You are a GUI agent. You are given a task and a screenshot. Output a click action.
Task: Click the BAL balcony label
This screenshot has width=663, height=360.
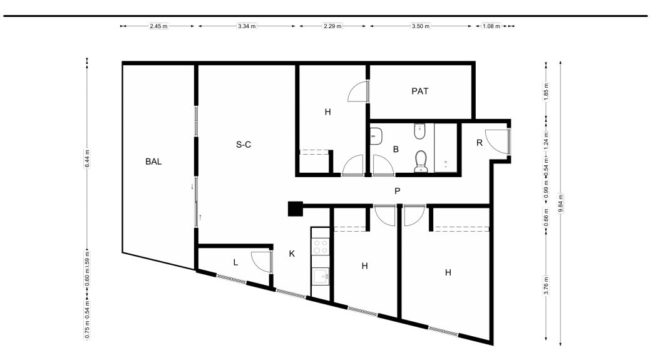153,162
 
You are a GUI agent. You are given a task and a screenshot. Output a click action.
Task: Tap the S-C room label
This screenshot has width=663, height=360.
244,145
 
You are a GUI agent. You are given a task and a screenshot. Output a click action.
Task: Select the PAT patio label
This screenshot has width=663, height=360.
420,91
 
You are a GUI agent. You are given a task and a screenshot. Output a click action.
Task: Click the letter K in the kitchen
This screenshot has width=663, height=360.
292,254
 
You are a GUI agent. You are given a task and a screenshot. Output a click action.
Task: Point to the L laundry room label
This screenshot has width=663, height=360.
235,262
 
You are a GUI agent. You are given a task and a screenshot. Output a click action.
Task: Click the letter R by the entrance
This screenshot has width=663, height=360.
480,143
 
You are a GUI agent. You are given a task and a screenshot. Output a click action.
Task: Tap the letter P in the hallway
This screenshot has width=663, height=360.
398,191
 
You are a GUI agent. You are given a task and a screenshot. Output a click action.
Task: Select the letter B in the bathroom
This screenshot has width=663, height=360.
396,149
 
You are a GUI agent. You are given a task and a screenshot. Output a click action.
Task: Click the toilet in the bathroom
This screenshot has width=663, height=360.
421,162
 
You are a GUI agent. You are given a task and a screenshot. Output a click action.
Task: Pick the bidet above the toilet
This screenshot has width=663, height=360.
419,131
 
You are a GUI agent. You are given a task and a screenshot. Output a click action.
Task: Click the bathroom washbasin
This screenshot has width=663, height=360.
376,136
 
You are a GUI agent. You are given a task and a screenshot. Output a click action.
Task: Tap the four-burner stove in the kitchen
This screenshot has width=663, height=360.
321,247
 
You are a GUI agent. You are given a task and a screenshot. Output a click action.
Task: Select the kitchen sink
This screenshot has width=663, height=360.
321,277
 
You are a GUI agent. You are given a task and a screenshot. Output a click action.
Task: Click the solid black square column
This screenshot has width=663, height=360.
296,208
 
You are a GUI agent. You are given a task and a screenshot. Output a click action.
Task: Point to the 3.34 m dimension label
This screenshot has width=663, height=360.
247,26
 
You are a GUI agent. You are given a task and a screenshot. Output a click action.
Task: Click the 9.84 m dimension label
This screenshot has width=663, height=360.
561,203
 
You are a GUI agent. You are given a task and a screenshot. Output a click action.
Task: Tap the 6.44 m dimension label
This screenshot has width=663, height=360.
87,158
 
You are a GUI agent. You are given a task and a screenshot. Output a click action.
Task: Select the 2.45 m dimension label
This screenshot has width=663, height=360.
158,26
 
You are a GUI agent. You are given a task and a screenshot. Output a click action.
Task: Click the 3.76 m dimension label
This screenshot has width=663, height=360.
547,285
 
